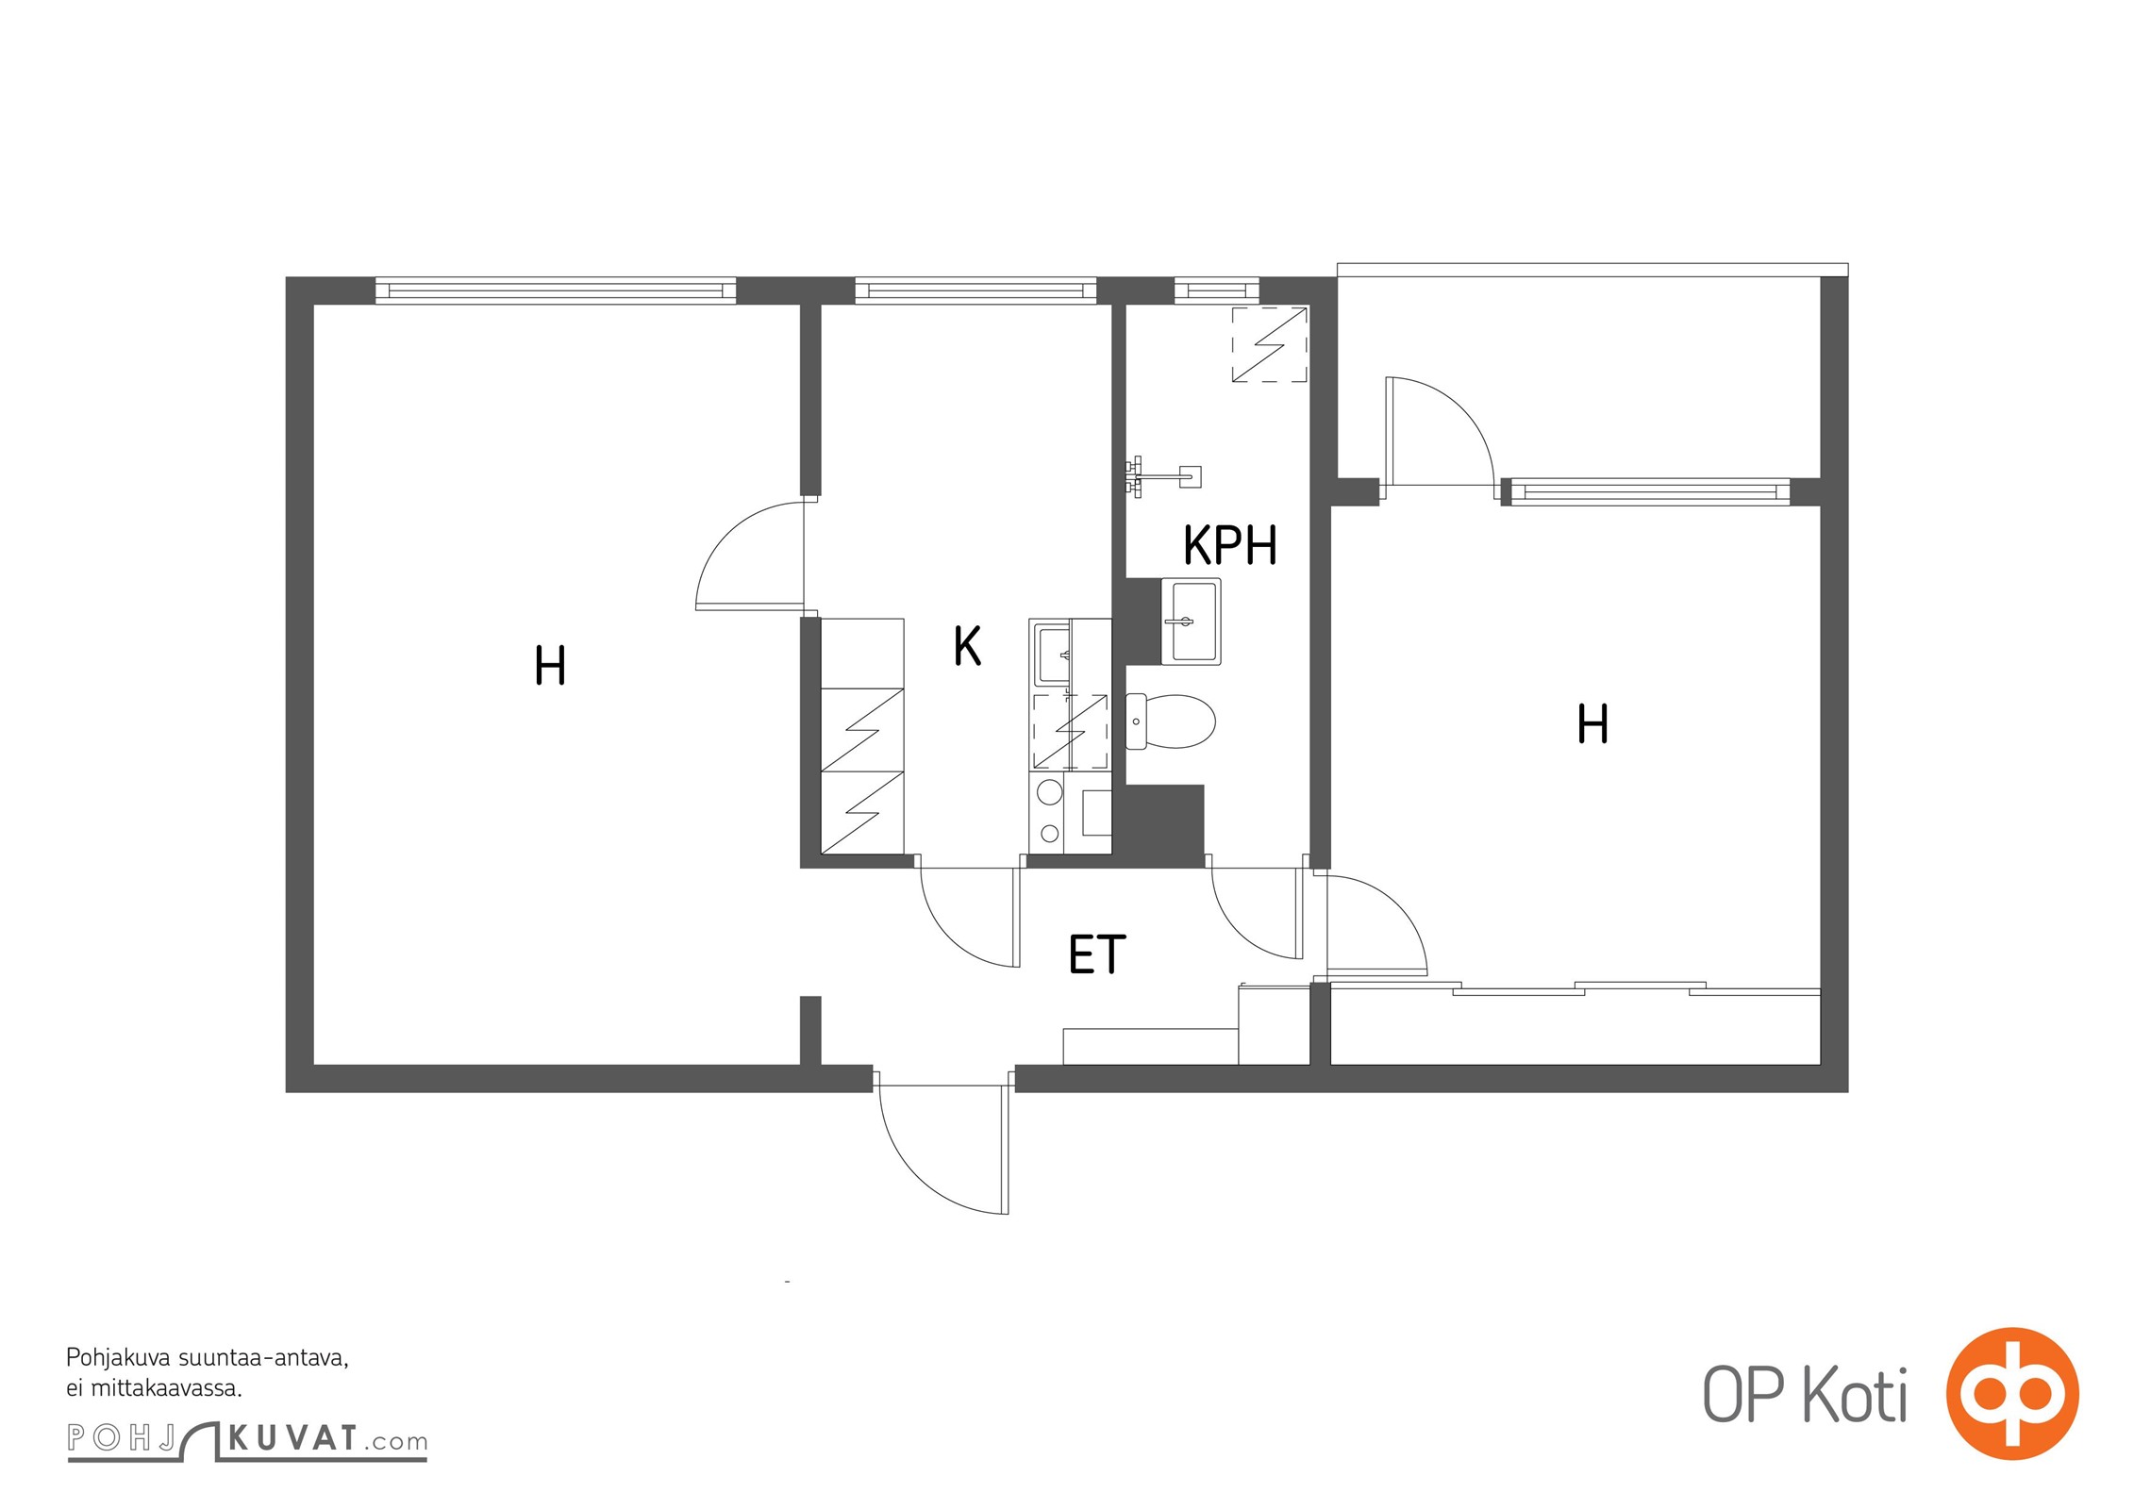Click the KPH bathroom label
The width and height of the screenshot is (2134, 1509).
click(1230, 544)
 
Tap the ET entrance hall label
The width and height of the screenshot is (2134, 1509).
click(1097, 954)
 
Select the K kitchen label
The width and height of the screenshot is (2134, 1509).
click(967, 647)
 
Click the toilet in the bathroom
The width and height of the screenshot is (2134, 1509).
click(1171, 721)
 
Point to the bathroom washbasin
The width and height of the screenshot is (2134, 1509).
click(1192, 622)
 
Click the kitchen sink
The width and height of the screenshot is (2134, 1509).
click(1053, 653)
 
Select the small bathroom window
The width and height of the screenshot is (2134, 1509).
click(1217, 290)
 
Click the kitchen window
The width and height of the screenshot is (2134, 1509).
click(976, 290)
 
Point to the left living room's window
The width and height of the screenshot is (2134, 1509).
click(556, 290)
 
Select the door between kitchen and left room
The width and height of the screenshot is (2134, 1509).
click(750, 556)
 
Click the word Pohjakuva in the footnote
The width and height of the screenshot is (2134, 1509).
click(118, 1359)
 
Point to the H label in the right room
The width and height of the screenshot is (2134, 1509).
click(1593, 725)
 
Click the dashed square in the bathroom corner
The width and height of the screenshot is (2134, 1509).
click(1270, 344)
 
